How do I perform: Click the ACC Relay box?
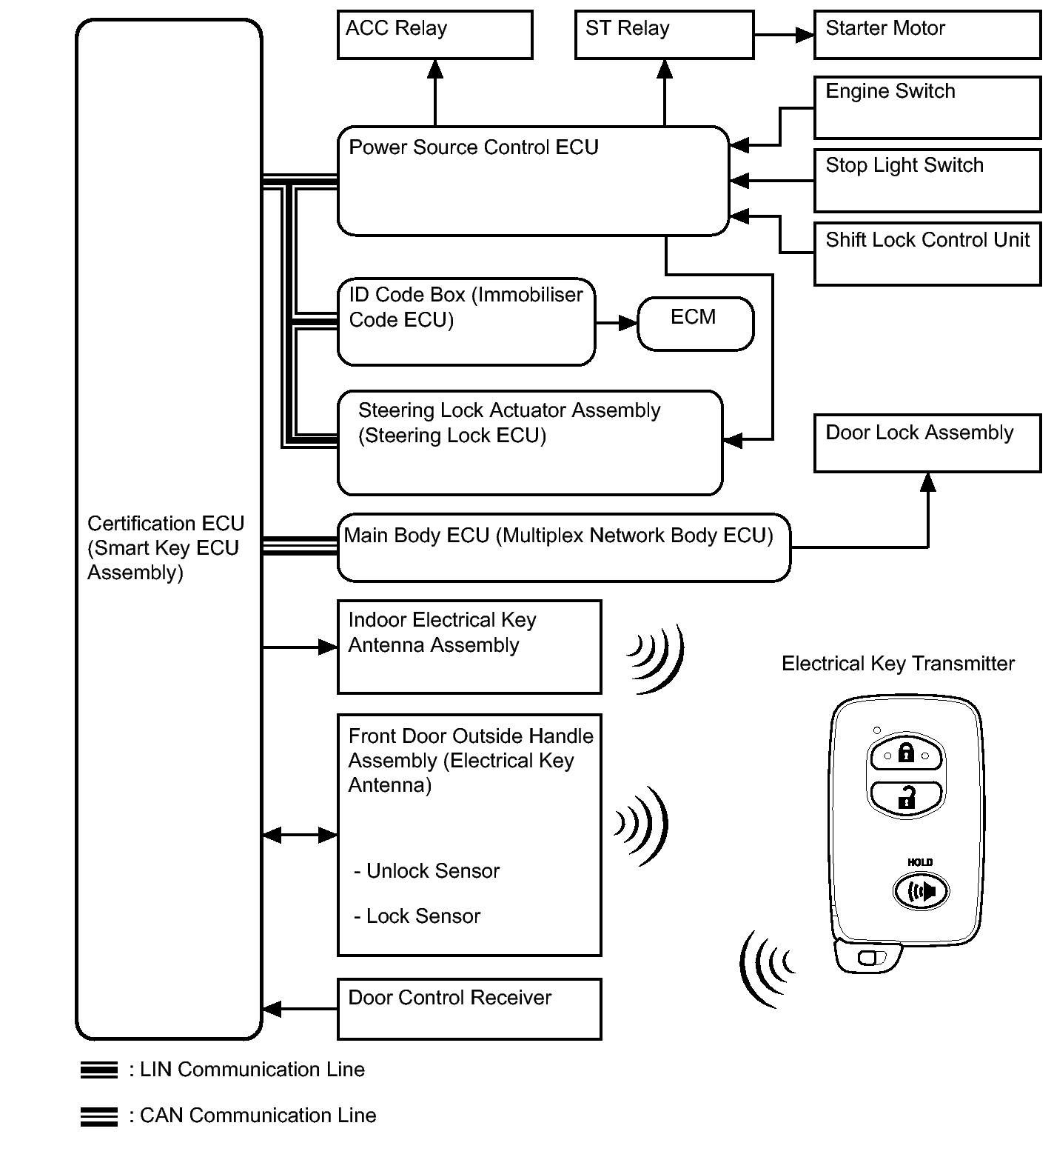434,35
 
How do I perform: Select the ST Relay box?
664,35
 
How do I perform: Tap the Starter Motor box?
927,35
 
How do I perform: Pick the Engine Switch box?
927,107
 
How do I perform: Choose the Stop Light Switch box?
927,181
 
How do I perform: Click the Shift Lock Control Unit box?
927,254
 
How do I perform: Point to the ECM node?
695,324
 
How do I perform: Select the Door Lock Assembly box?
927,443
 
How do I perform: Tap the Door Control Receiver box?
469,1009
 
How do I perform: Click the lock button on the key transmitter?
906,756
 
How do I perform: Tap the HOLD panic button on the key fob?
920,890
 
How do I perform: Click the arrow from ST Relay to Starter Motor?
784,35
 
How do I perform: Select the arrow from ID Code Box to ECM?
616,323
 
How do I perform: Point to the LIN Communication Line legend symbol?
98,1070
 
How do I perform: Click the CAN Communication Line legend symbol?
98,1116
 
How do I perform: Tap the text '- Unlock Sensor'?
427,871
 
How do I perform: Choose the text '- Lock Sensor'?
417,916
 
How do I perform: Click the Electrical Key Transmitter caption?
897,664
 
